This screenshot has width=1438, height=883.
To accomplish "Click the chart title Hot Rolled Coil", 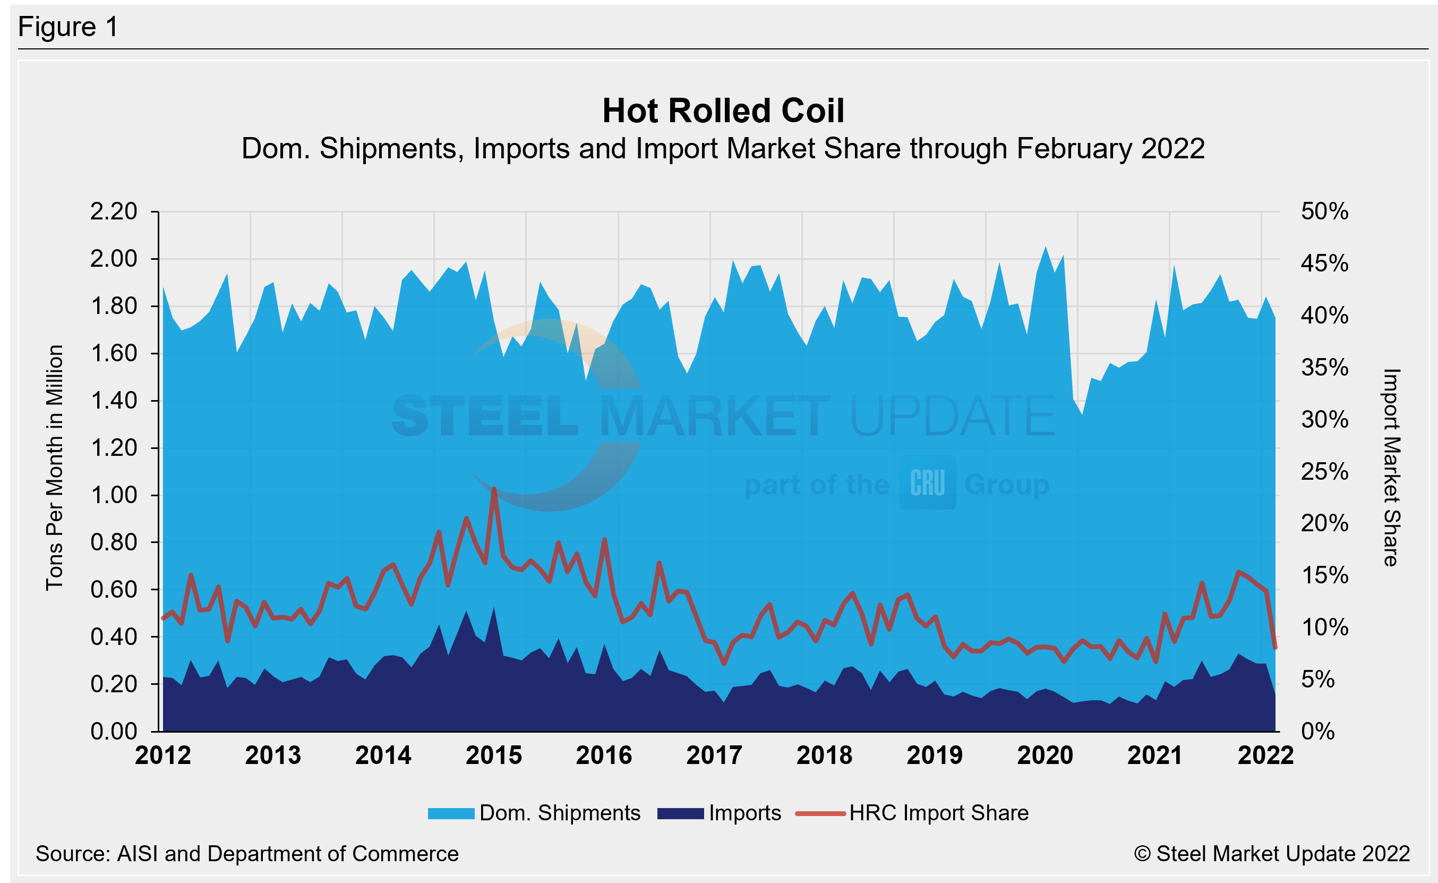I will coord(723,111).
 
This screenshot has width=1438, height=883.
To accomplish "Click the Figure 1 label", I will coord(69,27).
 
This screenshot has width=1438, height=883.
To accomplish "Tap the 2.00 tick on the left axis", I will coord(113,259).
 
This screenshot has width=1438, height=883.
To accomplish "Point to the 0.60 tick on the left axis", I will coord(113,589).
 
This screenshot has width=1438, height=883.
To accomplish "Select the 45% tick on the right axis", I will coord(1324,264).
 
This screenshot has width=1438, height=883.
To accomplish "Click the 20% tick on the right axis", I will coord(1324,523).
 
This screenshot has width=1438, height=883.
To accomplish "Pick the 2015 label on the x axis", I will coord(494,755).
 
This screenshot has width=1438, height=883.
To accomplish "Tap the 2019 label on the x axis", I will coord(935,755).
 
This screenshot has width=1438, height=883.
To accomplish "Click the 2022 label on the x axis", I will coord(1265,755).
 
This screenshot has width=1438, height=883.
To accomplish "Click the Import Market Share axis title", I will coord(1391,467).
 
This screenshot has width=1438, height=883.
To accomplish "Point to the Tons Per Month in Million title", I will coord(54,467).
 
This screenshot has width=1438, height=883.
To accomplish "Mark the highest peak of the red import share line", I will coord(494,489).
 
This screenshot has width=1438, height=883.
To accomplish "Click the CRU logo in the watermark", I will coord(927,483).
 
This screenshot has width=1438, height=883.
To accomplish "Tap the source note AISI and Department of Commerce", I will coord(247,854).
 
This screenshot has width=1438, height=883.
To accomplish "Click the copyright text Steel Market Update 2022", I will coord(1272,854).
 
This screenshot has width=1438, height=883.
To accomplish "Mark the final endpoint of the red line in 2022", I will coord(1275,647).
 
